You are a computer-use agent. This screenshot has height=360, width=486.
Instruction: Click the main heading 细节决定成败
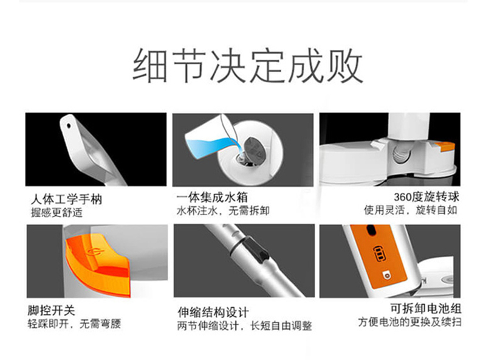(x=248, y=66)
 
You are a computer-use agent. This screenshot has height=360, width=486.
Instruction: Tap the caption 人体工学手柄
(x=66, y=199)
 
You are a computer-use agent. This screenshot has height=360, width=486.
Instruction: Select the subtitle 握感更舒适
(x=56, y=213)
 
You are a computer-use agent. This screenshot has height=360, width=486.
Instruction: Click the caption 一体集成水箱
(x=212, y=198)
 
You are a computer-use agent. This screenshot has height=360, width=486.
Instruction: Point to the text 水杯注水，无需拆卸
(x=223, y=211)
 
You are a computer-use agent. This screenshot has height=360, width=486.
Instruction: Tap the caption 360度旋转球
(x=426, y=197)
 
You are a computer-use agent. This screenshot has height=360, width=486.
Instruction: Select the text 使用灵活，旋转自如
(x=411, y=210)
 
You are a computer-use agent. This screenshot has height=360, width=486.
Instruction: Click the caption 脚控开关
(x=52, y=310)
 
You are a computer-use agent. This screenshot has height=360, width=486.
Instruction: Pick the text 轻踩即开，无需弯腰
(x=74, y=324)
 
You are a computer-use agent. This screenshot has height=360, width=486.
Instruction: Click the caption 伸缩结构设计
(x=213, y=312)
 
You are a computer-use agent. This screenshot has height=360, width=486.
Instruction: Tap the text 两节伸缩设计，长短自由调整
(x=245, y=326)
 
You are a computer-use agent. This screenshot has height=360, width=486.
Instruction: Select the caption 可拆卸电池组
(x=426, y=308)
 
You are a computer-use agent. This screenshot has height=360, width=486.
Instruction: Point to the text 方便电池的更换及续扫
(x=409, y=322)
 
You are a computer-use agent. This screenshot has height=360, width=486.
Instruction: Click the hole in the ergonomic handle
(x=69, y=126)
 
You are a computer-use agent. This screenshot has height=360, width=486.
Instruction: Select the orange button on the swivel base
(x=447, y=146)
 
